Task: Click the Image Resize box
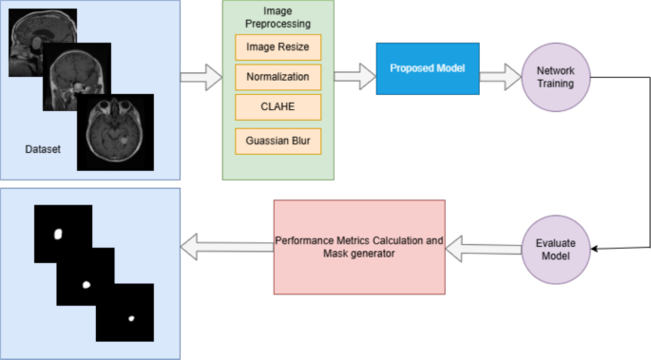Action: click(278, 45)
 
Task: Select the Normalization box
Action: click(278, 77)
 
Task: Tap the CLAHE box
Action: click(278, 109)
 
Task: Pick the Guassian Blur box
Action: click(278, 142)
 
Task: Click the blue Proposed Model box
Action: click(427, 68)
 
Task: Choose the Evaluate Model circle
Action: click(557, 249)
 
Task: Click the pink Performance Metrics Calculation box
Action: click(359, 247)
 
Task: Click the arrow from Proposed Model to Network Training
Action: click(499, 75)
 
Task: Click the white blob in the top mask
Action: click(57, 233)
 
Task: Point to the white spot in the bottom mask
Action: click(131, 317)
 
